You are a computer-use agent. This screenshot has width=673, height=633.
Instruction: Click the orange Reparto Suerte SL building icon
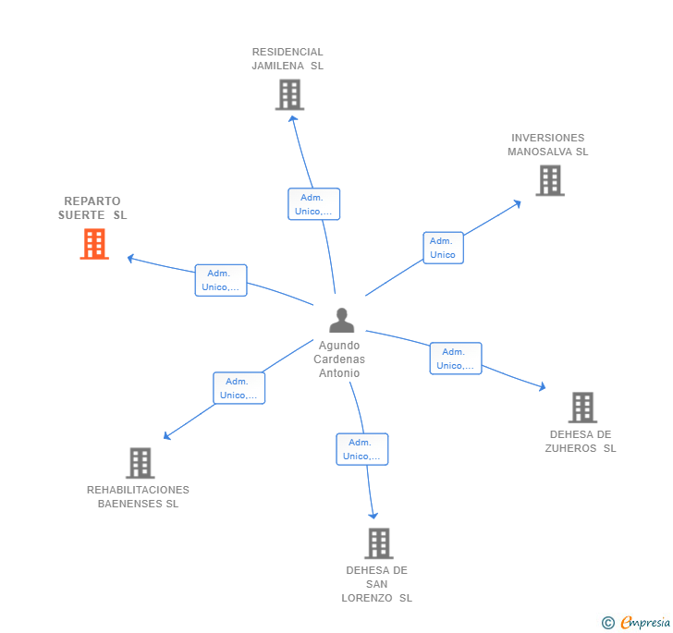click(x=94, y=244)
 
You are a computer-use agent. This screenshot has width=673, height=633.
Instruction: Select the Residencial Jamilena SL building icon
click(x=289, y=94)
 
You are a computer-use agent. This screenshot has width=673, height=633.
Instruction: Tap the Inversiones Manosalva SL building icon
click(x=550, y=180)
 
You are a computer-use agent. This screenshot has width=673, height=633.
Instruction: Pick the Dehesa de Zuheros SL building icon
click(x=582, y=407)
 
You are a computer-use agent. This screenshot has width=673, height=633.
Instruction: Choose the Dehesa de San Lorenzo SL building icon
click(x=378, y=543)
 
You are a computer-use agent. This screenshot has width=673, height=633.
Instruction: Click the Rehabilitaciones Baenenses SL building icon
click(x=140, y=463)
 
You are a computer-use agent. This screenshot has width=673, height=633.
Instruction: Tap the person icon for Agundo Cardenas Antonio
click(x=342, y=321)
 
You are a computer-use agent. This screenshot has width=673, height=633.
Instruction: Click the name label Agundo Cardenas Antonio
click(x=339, y=359)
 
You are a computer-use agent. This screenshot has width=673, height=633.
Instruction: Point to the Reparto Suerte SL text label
click(x=92, y=208)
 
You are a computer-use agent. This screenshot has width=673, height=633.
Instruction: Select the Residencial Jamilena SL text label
click(x=288, y=59)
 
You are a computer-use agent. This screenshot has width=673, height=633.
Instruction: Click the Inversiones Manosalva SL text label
click(x=548, y=145)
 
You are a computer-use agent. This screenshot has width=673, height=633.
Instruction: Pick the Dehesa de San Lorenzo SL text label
click(x=377, y=584)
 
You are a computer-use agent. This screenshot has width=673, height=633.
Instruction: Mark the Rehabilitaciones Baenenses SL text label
click(x=138, y=497)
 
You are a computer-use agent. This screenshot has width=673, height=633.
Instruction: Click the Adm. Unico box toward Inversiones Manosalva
click(x=443, y=248)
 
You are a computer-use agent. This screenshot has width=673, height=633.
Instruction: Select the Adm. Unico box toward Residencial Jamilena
click(x=314, y=204)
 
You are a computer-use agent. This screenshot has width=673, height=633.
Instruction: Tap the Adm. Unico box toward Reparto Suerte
click(x=221, y=280)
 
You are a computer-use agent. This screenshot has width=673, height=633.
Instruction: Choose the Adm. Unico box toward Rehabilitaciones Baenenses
click(x=239, y=388)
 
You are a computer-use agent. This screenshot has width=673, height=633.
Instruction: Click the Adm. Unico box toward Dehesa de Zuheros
click(x=456, y=359)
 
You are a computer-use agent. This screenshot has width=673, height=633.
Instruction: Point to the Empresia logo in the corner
click(x=636, y=623)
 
